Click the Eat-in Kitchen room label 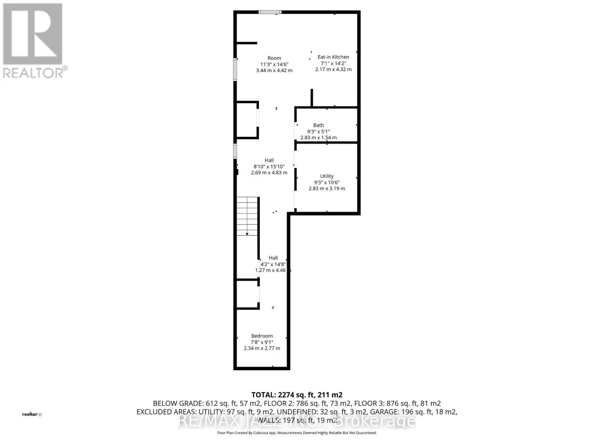333,57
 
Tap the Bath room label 318,125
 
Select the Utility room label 327,176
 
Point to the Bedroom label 262,336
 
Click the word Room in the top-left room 274,58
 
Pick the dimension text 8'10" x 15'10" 269,167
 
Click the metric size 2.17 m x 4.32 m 333,69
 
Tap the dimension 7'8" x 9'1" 262,342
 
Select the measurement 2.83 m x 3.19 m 327,188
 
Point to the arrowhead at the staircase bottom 247,234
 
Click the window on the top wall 270,12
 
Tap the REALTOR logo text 35,72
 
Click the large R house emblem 33,34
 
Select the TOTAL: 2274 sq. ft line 297,395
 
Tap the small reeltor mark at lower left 32,414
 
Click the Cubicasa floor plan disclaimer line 297,433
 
